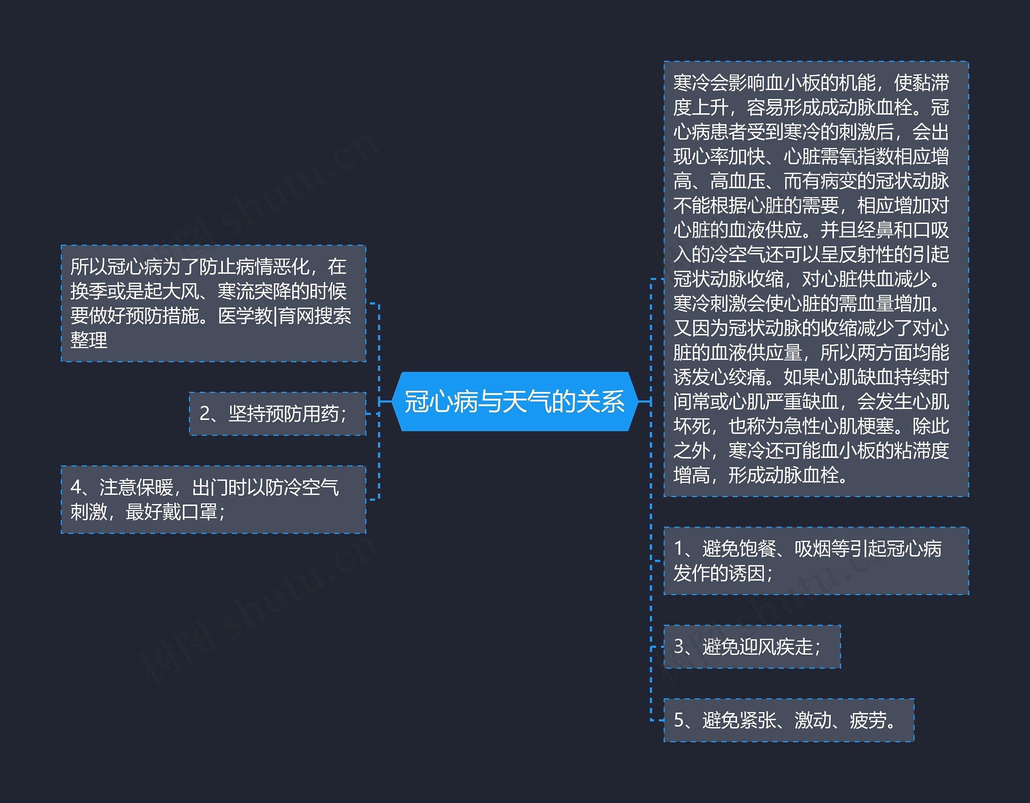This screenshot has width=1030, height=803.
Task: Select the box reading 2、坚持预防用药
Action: point(277,414)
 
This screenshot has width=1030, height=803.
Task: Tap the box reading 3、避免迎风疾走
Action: point(752,647)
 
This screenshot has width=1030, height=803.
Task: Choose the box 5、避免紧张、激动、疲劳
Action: point(789,720)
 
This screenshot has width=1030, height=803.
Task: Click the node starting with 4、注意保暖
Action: point(213,499)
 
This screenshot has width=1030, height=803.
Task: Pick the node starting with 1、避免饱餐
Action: point(816,561)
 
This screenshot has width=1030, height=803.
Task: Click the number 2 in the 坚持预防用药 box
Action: point(205,414)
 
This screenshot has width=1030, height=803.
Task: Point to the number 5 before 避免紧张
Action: point(679,720)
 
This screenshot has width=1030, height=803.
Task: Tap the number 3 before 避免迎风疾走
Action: point(679,647)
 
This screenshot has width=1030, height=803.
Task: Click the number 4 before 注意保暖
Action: point(76,487)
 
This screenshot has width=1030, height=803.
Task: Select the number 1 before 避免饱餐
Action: point(679,548)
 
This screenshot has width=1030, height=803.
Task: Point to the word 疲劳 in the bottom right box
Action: point(868,720)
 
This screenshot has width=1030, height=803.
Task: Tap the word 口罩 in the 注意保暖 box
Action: point(199,512)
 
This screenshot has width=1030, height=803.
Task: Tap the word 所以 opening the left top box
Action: point(89,266)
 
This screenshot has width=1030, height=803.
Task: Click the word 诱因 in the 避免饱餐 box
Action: point(747,573)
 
